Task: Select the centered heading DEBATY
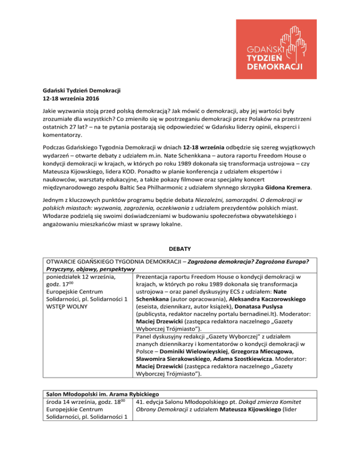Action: (180, 250)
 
